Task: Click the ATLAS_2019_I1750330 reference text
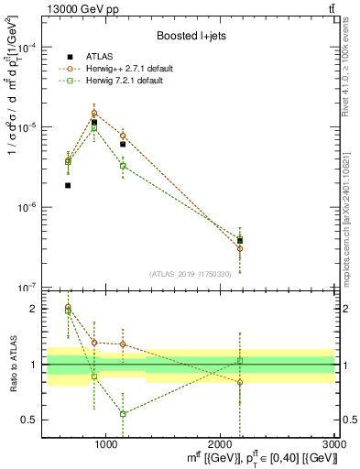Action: click(191, 274)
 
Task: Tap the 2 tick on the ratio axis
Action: click(33, 309)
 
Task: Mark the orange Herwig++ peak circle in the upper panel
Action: click(94, 114)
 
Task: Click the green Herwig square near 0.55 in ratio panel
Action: click(123, 414)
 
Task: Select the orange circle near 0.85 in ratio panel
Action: click(240, 382)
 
